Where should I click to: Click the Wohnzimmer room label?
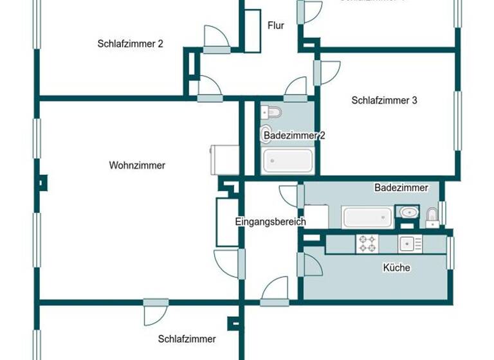pos(137,165)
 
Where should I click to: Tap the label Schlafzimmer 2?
pos(131,44)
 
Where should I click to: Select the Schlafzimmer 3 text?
pos(385,100)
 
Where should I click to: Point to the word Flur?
pos(275,26)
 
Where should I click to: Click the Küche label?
pos(396,267)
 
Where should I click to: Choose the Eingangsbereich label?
pos(270,222)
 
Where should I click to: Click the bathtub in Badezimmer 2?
pos(288,161)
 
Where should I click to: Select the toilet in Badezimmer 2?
pos(272,113)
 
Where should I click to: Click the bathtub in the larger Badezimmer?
pos(367,217)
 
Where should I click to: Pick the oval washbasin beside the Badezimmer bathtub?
pos(407,212)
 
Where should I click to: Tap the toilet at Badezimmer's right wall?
pos(432,216)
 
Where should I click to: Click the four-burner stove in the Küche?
pos(368,244)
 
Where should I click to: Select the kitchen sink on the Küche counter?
pos(407,244)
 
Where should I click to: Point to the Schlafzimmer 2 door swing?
pos(215,37)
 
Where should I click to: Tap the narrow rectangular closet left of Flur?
pos(252,30)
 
